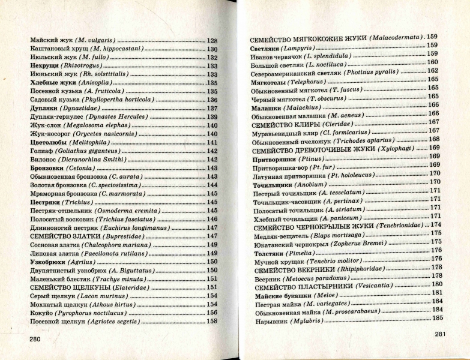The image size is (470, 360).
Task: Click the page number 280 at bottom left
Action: tap(36, 339)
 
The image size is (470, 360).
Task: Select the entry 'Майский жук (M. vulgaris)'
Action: tap(73, 40)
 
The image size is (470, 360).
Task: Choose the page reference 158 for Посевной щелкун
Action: tap(212, 321)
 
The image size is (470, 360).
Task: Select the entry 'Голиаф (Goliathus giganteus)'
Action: tap(74, 151)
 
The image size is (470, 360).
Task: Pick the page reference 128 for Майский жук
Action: tap(212, 40)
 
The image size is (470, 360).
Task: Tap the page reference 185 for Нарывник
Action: tap(436, 317)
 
